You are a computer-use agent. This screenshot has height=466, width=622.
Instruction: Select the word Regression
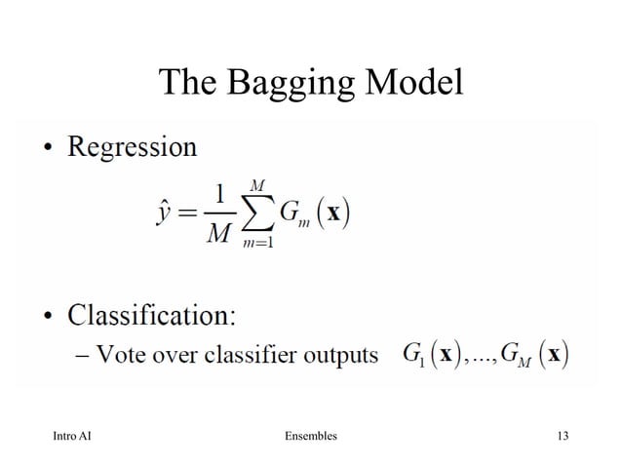(x=132, y=148)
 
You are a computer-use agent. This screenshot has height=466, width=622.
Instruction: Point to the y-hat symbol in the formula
(x=164, y=214)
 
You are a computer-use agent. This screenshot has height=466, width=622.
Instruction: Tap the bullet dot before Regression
(x=47, y=150)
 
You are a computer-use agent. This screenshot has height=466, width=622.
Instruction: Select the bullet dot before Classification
(x=47, y=319)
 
